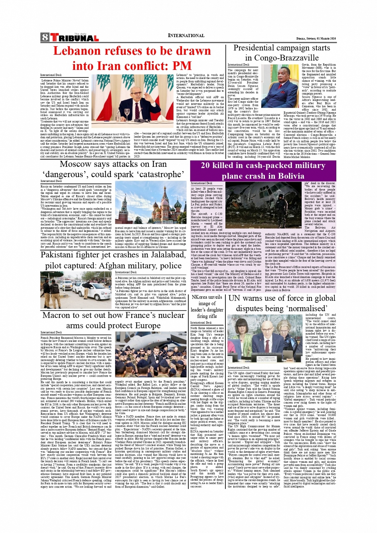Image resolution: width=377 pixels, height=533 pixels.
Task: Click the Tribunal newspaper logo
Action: pyautogui.click(x=74, y=38)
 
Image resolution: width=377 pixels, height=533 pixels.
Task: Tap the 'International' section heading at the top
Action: pyautogui.click(x=186, y=36)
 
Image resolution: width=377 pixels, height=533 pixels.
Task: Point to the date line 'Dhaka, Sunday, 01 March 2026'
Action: pyautogui.click(x=316, y=38)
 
